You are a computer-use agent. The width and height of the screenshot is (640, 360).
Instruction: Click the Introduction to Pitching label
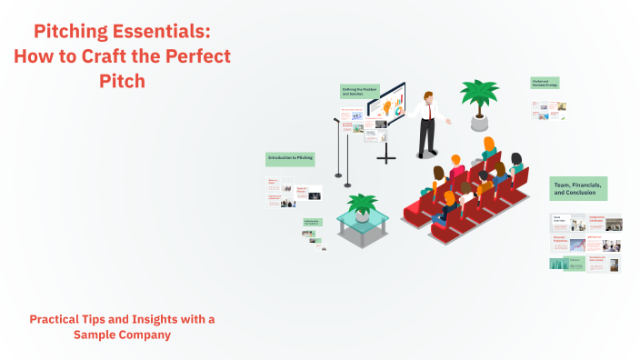click(x=290, y=158)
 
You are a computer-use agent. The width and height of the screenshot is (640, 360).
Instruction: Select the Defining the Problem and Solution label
click(x=359, y=92)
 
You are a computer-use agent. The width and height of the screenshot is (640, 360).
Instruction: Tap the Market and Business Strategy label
click(x=545, y=83)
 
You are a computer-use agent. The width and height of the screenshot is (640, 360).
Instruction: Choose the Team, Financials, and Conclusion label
click(x=578, y=188)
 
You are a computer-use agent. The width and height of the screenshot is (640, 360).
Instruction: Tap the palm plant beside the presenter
click(x=478, y=94)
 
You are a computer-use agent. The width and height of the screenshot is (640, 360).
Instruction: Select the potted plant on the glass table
click(x=363, y=206)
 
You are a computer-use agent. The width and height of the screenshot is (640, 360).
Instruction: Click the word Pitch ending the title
click(x=122, y=80)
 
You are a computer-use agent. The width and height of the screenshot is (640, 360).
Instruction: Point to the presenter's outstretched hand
click(x=448, y=121)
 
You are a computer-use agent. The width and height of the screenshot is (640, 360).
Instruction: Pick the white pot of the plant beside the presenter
click(x=478, y=122)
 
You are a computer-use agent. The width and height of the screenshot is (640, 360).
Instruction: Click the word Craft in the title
click(x=90, y=56)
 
